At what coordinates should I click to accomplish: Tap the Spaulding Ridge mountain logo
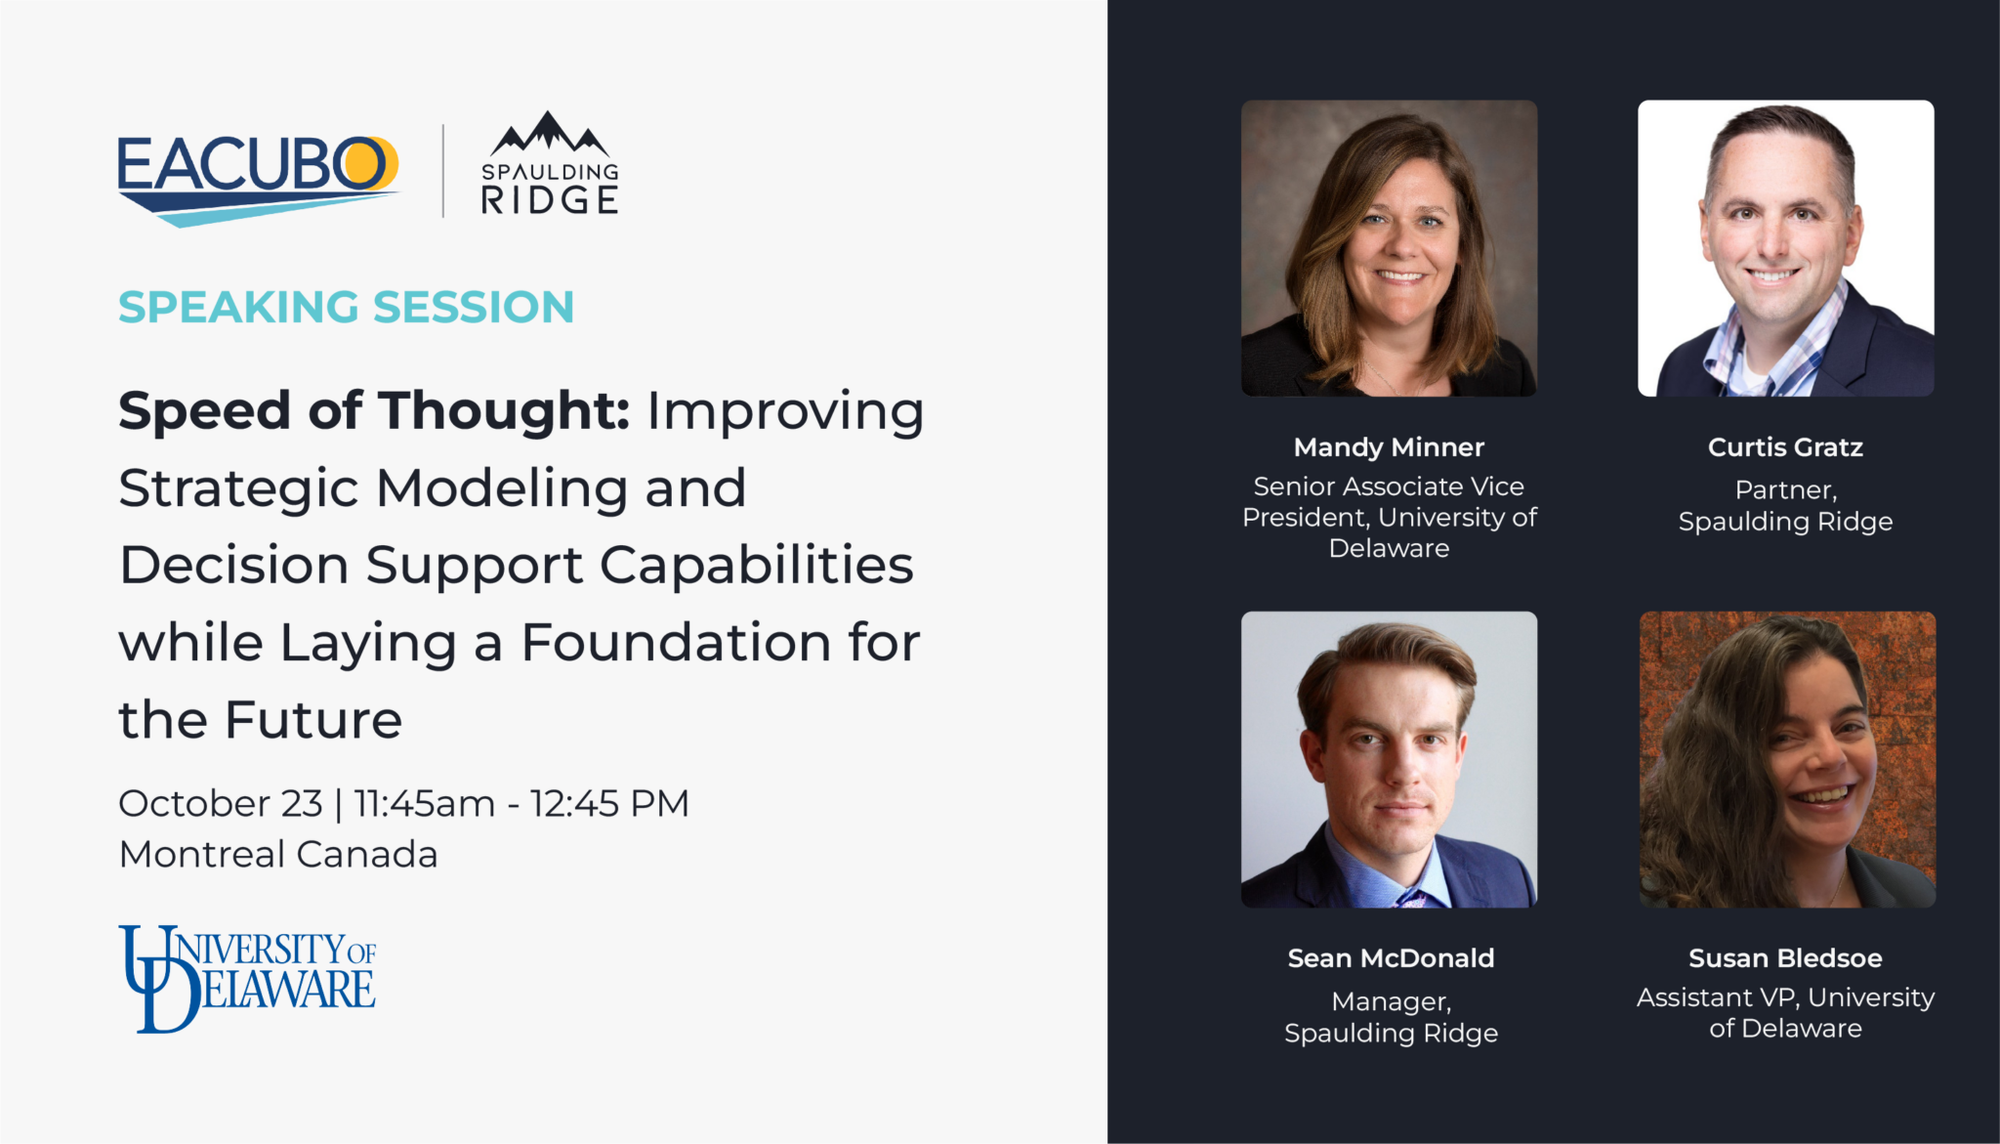click(x=550, y=163)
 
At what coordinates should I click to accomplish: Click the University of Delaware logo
click(x=247, y=979)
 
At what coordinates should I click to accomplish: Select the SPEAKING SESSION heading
click(x=347, y=307)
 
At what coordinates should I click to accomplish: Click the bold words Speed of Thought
click(x=374, y=410)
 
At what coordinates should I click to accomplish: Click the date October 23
click(x=221, y=803)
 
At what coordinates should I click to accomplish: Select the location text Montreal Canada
click(x=278, y=854)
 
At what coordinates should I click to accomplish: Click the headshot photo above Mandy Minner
click(x=1389, y=248)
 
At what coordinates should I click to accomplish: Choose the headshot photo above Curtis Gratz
click(x=1786, y=248)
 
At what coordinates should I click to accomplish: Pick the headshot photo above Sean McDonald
click(x=1389, y=760)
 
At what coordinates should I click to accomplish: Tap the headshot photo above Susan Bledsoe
click(x=1787, y=760)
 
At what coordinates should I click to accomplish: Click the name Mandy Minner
click(x=1389, y=447)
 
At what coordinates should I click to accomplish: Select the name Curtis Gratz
click(x=1785, y=447)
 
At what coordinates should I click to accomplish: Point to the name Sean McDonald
click(x=1391, y=958)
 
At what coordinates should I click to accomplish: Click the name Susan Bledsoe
click(x=1785, y=958)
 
